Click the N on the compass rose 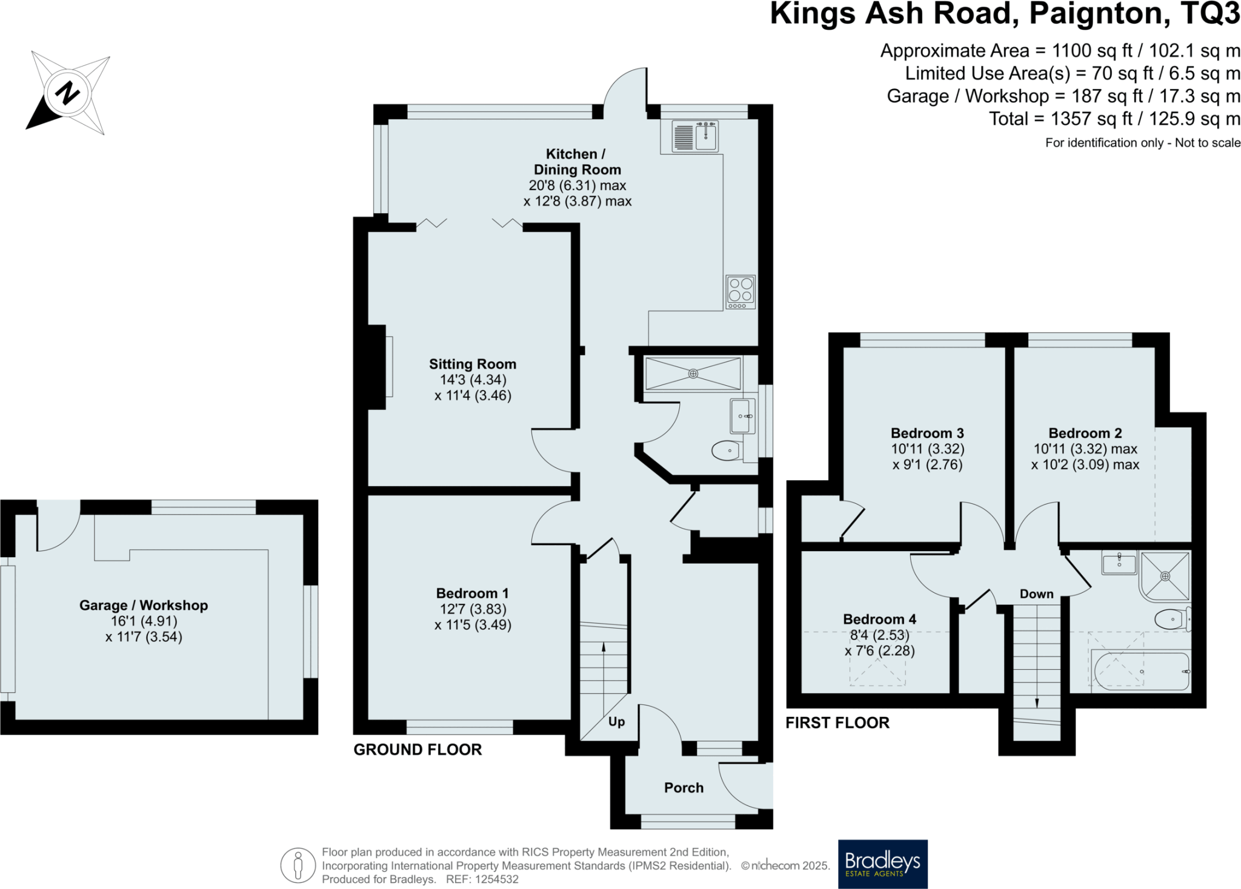67,93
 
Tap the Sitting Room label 473,364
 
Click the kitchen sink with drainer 694,136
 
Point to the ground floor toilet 727,451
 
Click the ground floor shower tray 693,374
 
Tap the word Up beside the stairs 616,722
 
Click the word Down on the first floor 1036,594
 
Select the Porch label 684,788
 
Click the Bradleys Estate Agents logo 882,864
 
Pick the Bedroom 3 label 927,433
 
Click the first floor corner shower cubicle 1165,575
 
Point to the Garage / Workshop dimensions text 144,629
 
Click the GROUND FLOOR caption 418,750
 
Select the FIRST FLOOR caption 837,722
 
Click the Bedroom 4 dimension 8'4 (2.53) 880,635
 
